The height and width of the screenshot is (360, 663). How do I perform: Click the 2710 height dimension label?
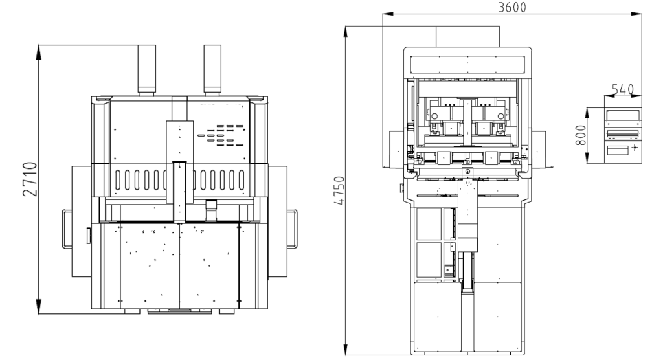(30, 179)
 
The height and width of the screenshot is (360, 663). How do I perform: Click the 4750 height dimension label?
(339, 191)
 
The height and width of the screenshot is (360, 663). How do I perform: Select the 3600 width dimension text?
(512, 7)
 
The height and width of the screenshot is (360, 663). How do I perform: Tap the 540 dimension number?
(623, 90)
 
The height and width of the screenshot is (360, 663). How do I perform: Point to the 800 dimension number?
(581, 135)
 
